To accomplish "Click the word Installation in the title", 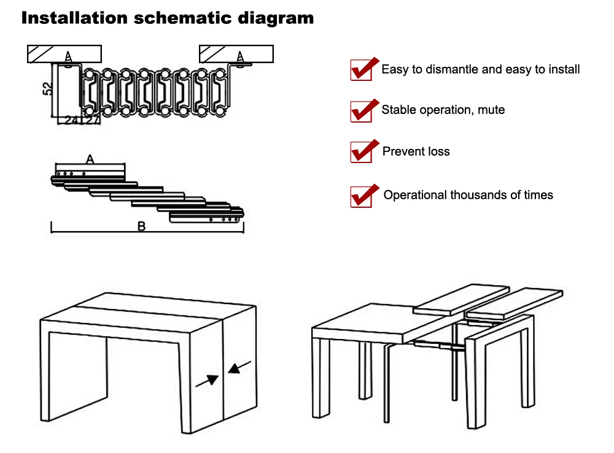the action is click(74, 18).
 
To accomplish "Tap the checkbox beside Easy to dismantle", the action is click(362, 70).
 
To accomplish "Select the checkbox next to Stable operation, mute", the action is click(362, 112).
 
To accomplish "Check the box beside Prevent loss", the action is click(362, 152).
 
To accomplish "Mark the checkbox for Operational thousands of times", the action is click(362, 197).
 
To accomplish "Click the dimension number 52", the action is click(47, 89).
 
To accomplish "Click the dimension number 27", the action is click(93, 120).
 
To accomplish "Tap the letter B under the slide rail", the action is click(141, 226).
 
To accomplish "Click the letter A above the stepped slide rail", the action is click(90, 159).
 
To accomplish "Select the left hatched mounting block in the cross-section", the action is click(64, 54).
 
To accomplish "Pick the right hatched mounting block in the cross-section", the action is click(236, 54).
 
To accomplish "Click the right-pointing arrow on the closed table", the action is click(207, 381).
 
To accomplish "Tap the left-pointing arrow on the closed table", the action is click(239, 367).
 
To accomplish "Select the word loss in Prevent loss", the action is click(439, 151).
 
